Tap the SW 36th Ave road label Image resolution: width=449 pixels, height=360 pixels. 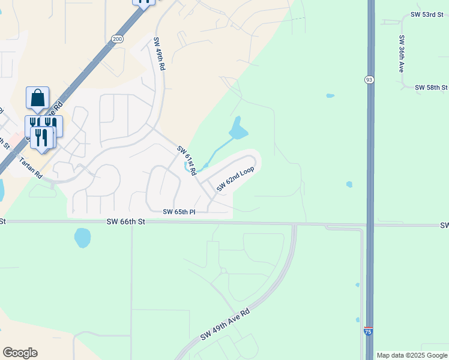(x=402, y=53)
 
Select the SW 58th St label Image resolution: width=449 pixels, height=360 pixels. (x=432, y=88)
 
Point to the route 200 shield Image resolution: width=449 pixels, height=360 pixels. (x=116, y=38)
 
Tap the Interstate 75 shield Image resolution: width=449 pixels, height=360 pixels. (x=369, y=331)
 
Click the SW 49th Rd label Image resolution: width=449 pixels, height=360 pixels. (x=158, y=55)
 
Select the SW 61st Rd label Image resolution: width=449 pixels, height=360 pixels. (x=187, y=160)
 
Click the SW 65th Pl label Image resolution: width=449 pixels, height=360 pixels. (x=179, y=212)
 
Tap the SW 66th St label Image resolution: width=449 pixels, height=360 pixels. (x=126, y=221)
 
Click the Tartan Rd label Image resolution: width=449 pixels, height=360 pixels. (x=30, y=167)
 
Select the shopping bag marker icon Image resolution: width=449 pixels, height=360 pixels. (x=37, y=98)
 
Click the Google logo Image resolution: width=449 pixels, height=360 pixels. (x=20, y=353)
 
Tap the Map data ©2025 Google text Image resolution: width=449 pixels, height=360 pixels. (x=411, y=355)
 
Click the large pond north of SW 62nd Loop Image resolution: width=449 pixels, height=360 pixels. (x=238, y=128)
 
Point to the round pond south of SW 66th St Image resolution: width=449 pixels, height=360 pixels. (x=82, y=238)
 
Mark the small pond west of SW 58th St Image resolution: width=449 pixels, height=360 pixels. (x=330, y=95)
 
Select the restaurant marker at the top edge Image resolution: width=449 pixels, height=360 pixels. (x=144, y=2)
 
